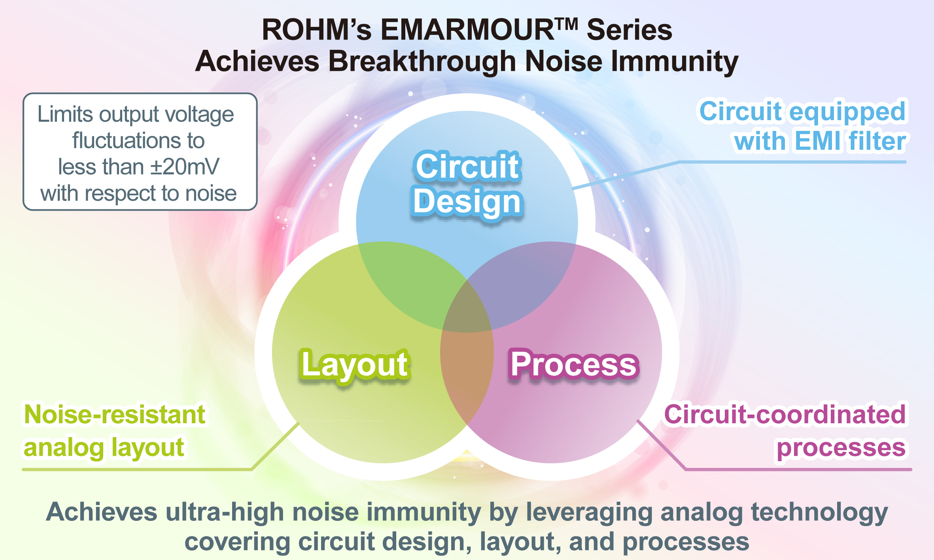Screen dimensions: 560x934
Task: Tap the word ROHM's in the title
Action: (316, 30)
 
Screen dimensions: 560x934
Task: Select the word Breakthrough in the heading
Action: (422, 62)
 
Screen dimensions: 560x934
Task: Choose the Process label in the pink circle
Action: (573, 364)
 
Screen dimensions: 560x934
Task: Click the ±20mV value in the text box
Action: (185, 167)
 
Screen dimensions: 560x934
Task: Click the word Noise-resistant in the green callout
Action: (115, 415)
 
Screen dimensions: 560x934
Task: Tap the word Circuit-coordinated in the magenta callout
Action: (785, 415)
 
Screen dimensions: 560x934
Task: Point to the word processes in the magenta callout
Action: (841, 448)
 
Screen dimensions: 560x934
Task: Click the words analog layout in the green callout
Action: (104, 448)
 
